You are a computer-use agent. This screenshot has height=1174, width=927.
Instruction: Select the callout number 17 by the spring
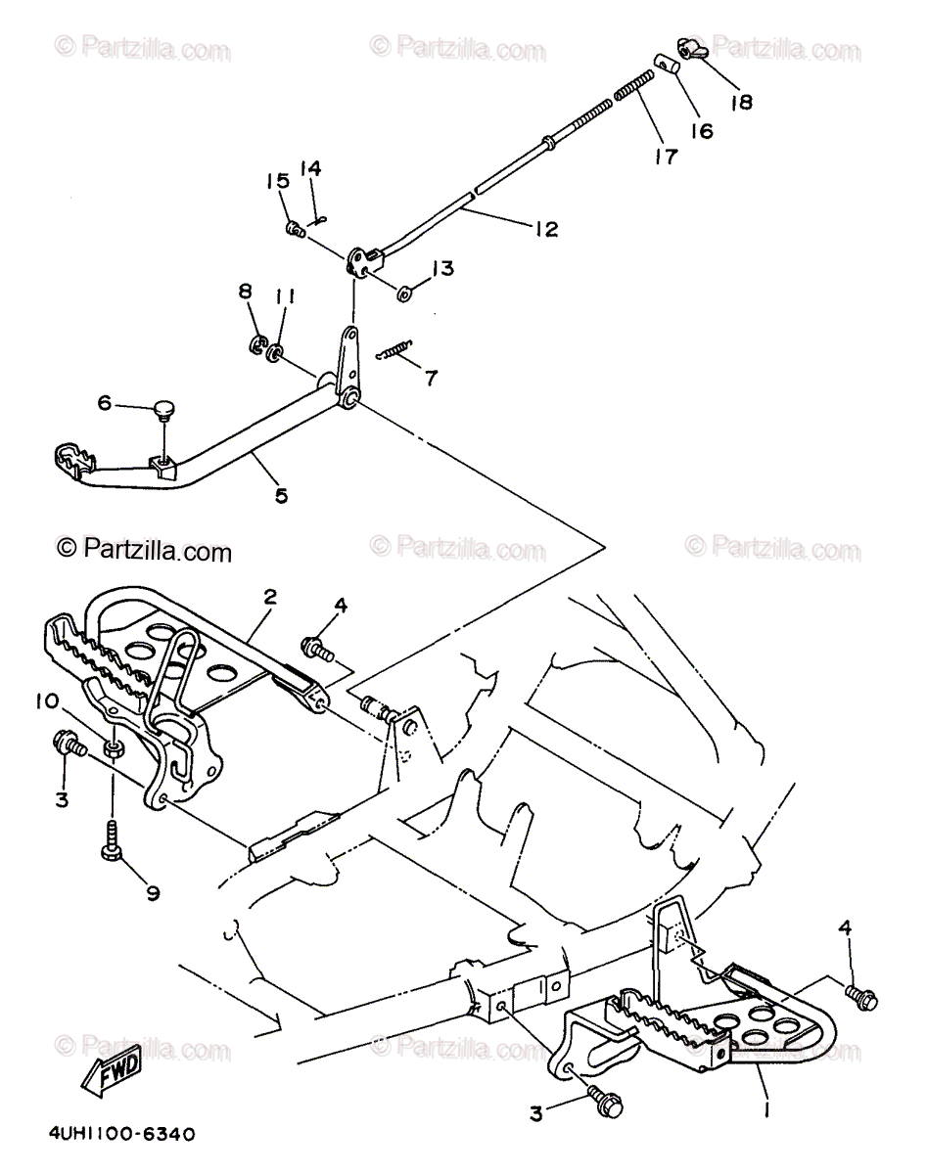[x=667, y=156]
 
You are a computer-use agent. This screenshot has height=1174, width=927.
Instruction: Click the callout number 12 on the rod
[x=546, y=229]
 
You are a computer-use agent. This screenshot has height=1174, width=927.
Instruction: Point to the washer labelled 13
[x=405, y=291]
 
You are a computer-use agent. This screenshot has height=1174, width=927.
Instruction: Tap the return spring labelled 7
[x=395, y=349]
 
